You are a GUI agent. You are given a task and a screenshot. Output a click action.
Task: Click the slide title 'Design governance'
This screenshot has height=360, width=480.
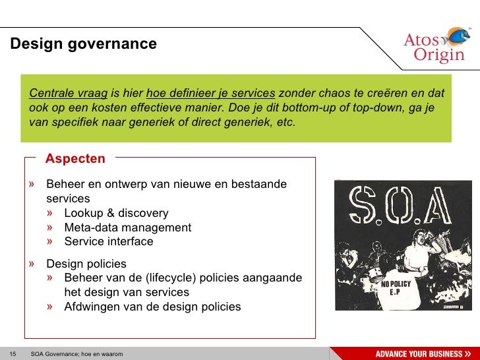point(83,44)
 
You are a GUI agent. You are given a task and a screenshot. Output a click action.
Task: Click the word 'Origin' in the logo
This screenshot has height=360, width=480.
point(439,55)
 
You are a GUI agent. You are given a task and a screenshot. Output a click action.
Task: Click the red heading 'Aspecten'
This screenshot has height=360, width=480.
point(75,159)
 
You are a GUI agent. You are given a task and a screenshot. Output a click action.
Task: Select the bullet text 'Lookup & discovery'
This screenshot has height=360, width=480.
point(116,213)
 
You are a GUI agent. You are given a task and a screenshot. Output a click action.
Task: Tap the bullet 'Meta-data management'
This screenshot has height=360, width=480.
point(127,227)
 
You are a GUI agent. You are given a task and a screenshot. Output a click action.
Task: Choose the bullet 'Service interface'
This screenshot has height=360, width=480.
point(108,241)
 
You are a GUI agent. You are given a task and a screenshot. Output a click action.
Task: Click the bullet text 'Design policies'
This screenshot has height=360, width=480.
point(86,264)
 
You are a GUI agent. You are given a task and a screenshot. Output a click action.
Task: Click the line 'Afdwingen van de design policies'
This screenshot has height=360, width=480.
point(152,307)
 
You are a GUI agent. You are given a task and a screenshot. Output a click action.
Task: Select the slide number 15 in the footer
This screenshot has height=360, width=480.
point(12,354)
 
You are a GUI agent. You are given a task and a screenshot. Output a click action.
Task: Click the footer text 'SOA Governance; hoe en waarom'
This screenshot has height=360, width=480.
point(76,354)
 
